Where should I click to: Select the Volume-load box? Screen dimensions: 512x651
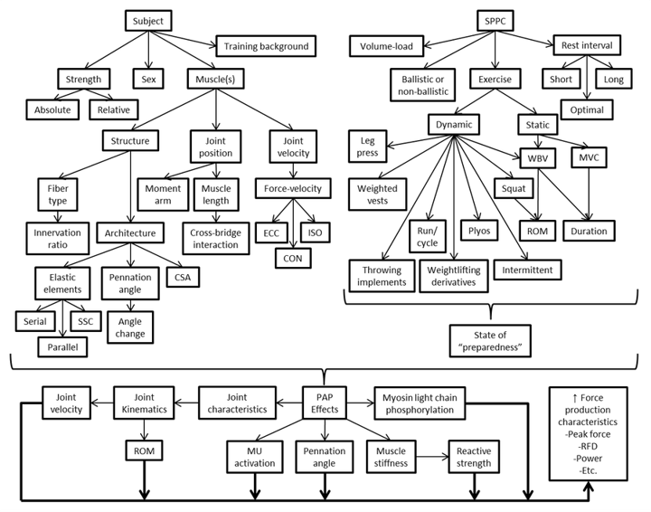[x=387, y=45]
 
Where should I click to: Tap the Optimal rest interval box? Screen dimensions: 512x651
[x=587, y=109]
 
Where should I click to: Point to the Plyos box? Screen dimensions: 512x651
[x=480, y=231]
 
